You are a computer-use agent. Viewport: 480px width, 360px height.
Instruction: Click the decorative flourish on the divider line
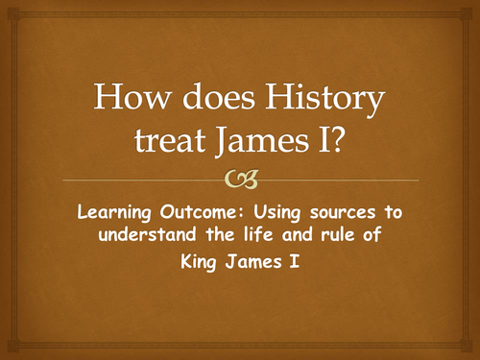tap(239, 180)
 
